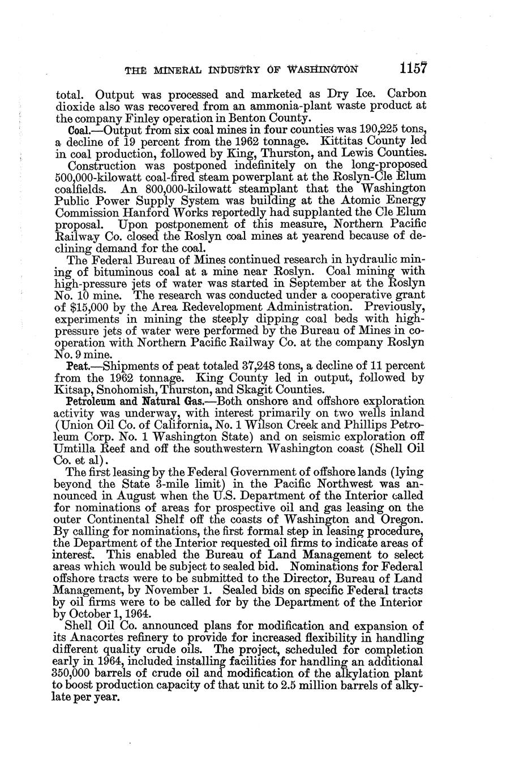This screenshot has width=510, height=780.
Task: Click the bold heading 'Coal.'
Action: coord(78,130)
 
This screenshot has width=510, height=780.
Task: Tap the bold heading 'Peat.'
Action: coord(78,366)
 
